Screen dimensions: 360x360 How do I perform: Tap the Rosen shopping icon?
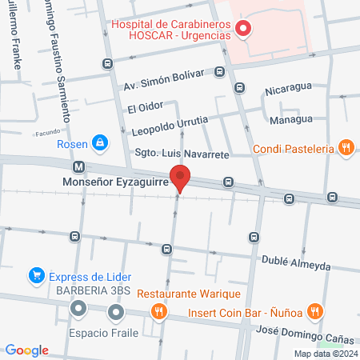click(x=99, y=143)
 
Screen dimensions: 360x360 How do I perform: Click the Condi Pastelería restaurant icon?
click(x=346, y=147)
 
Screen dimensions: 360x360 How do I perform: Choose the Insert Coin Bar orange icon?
click(x=316, y=312)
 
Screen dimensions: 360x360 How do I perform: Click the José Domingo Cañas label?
click(x=305, y=330)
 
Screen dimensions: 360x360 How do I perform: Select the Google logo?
click(x=26, y=350)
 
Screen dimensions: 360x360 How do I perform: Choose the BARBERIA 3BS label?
click(x=78, y=290)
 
